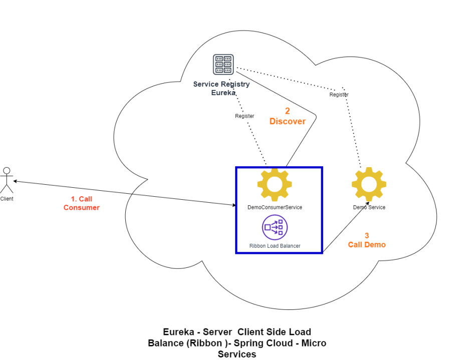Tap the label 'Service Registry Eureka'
point(221,88)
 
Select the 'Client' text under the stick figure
point(7,199)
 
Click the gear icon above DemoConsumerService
point(274,184)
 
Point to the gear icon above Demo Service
point(369,184)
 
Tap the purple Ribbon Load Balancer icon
point(275,227)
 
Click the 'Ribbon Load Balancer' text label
point(275,246)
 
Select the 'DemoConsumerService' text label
point(275,207)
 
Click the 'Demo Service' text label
point(369,207)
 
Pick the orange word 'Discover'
point(287,121)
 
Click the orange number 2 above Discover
point(288,111)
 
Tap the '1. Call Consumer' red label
point(81,203)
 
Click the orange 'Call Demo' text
point(367,244)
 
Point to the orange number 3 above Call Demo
point(367,235)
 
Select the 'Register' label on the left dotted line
point(245,116)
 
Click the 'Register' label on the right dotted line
point(339,94)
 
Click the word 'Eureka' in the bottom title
point(179,332)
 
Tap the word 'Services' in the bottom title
point(237,354)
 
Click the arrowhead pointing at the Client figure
point(16,181)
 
